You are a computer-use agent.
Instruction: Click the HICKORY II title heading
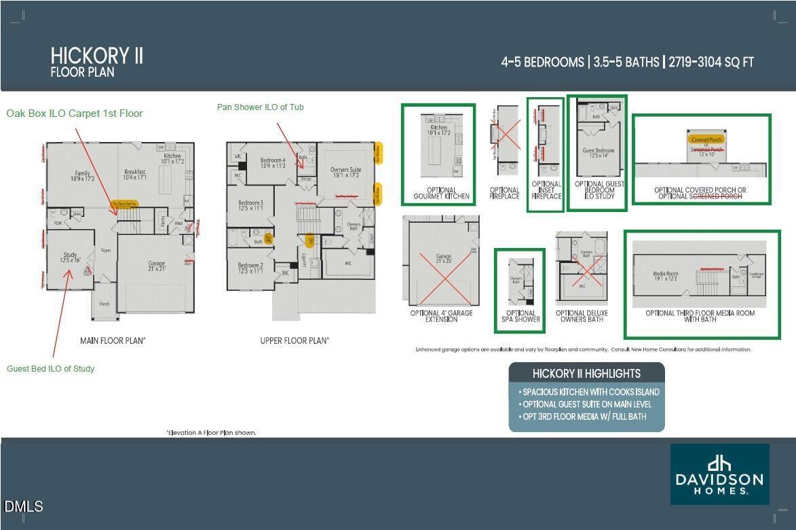click(96, 56)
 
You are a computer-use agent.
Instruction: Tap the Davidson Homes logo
click(719, 474)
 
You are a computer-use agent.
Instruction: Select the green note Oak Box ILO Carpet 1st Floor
click(75, 113)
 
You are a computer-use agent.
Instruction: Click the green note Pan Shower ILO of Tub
click(260, 107)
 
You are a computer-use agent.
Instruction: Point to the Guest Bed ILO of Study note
click(51, 368)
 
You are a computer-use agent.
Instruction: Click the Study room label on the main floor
click(71, 257)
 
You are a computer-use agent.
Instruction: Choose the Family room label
click(83, 176)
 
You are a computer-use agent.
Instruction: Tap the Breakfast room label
click(135, 175)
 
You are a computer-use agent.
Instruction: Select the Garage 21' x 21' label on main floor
click(157, 266)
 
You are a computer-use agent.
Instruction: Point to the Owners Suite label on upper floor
click(345, 172)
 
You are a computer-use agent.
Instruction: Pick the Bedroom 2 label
click(250, 268)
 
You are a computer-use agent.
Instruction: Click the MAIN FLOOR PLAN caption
click(113, 340)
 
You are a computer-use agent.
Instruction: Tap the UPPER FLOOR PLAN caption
click(295, 340)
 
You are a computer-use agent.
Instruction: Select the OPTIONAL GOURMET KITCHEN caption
click(441, 194)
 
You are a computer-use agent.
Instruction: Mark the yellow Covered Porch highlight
click(706, 140)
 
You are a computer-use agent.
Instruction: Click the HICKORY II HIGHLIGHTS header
click(586, 373)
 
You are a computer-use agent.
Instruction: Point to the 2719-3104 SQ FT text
click(711, 63)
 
